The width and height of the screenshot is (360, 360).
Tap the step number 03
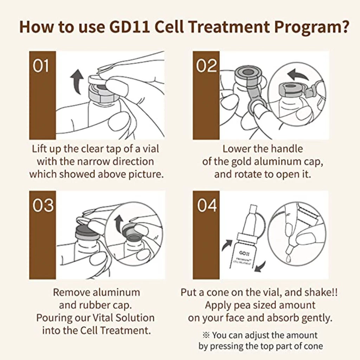pyautogui.click(x=43, y=206)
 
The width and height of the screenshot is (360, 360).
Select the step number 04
pyautogui.click(x=206, y=206)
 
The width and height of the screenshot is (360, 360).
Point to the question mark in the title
pyautogui.click(x=344, y=27)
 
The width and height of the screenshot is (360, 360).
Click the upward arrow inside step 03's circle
pyautogui.click(x=119, y=223)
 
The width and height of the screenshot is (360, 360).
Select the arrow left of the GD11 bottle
pyautogui.click(x=227, y=245)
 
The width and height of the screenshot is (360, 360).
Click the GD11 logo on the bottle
pyautogui.click(x=244, y=253)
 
